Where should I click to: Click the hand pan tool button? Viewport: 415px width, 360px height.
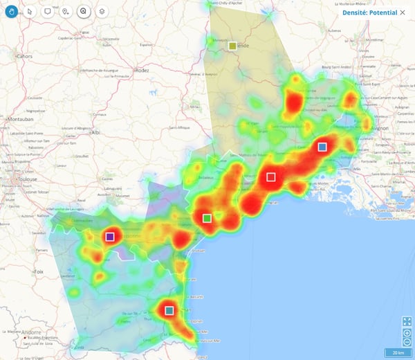(11, 11)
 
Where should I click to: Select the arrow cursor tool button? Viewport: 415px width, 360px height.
(29, 11)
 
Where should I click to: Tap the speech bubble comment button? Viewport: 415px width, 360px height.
(47, 11)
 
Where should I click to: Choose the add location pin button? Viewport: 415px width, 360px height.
(65, 11)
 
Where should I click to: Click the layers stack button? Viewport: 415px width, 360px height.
(101, 11)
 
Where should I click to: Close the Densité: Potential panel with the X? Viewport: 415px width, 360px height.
(403, 12)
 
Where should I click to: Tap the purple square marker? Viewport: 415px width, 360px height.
(109, 237)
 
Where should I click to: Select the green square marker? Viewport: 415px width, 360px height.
(207, 219)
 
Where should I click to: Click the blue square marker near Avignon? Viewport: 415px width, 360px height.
(322, 147)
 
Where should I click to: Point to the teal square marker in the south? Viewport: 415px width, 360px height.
(169, 310)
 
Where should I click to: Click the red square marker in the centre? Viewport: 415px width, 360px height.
(271, 177)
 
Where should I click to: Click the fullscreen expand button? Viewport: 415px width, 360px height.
(407, 321)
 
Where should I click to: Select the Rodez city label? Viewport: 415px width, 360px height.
(142, 70)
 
